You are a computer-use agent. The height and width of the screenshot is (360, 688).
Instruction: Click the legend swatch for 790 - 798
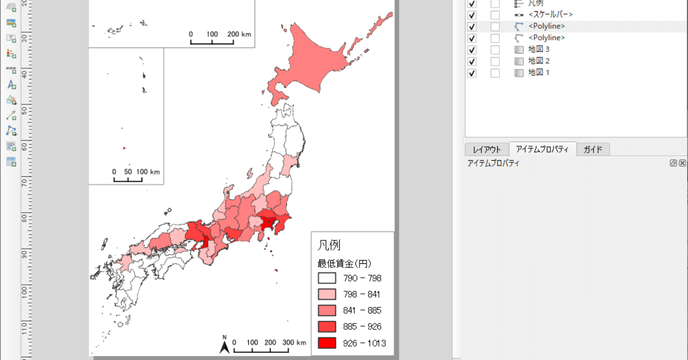point(327,278)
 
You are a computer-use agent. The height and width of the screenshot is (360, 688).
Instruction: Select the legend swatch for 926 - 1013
point(327,343)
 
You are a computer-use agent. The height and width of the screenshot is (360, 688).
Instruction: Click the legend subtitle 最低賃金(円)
point(345,263)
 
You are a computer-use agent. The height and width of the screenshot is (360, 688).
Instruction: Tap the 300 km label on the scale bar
point(294,342)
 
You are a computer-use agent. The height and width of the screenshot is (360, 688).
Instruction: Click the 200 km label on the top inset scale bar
point(239,34)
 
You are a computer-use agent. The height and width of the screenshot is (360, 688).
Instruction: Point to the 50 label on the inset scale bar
point(128,172)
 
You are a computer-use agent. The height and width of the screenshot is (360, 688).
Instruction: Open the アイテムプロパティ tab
point(542,149)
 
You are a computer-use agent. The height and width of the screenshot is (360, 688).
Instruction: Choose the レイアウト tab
point(486,149)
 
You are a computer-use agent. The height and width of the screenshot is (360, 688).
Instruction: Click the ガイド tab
point(593,149)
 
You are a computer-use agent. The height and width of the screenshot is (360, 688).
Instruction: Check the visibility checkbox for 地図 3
point(472,49)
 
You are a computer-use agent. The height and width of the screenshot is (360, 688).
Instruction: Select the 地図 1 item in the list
point(539,73)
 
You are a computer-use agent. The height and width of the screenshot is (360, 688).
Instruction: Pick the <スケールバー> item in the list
point(550,15)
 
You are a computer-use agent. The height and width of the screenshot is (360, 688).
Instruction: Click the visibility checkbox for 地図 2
point(472,61)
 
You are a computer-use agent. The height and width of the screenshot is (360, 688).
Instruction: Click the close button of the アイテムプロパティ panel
point(682,163)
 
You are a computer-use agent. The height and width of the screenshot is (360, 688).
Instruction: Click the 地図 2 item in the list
point(539,61)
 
